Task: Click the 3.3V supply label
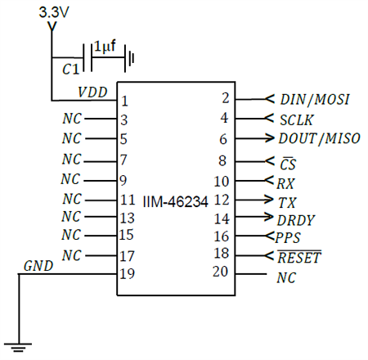(53, 14)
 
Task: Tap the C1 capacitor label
(71, 71)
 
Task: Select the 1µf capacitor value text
(104, 47)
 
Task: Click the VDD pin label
(93, 91)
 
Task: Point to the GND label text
(38, 266)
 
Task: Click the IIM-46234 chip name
(175, 200)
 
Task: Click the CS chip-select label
(286, 161)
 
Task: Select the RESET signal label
(299, 258)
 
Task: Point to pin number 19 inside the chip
(127, 275)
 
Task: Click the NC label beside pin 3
(72, 119)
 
